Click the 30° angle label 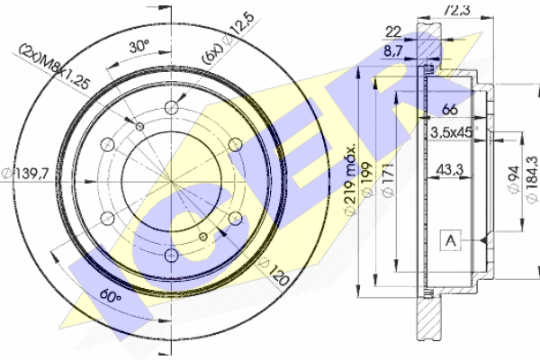pos(139,46)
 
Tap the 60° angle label pos(111,295)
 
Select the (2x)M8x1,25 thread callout pos(54,67)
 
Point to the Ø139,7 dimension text pos(25,173)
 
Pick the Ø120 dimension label pos(274,272)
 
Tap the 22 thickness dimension pos(393,32)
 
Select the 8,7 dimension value pos(393,51)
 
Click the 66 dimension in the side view pos(450,110)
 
